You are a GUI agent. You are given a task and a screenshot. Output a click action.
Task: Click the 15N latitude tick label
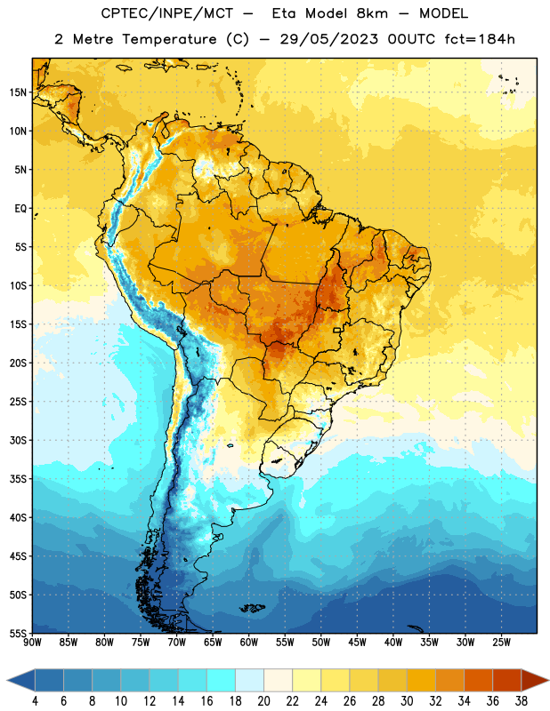[18, 92]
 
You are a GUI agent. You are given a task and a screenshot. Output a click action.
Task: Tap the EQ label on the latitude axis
[20, 209]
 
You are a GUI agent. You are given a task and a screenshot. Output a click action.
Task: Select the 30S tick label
[18, 440]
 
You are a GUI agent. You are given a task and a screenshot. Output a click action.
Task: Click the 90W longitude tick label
[33, 642]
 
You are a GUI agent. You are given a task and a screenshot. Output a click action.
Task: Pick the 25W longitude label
[501, 642]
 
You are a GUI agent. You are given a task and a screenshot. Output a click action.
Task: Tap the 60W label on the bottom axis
[249, 642]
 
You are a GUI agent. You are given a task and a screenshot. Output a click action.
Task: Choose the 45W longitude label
[357, 642]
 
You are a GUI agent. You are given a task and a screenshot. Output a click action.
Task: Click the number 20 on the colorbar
[263, 701]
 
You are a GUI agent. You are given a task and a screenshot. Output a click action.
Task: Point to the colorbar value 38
[522, 701]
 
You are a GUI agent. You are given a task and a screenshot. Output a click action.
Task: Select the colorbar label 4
[35, 701]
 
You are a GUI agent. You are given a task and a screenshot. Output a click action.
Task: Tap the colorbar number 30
[407, 701]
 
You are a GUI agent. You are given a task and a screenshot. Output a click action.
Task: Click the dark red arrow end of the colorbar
[534, 680]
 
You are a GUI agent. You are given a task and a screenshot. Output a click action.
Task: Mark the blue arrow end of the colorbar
[21, 680]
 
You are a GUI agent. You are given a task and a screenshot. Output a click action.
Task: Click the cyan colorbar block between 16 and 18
[222, 680]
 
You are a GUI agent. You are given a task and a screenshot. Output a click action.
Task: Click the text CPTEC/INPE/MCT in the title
[167, 13]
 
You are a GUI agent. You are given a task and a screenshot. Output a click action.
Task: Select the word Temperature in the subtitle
[170, 39]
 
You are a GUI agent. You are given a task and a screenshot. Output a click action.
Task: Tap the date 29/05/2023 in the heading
[329, 39]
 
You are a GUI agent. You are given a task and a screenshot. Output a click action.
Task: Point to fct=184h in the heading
[480, 39]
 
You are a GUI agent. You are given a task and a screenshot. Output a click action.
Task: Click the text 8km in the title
[372, 13]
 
